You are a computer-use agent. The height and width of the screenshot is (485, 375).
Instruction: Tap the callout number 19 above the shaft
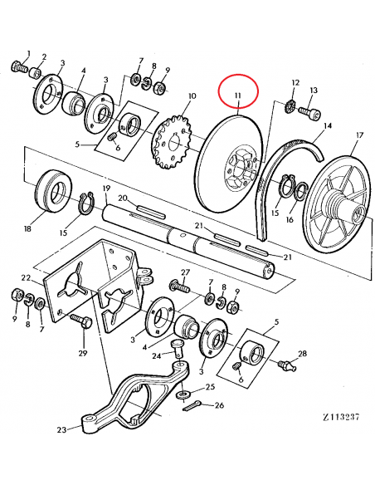pyautogui.click(x=106, y=190)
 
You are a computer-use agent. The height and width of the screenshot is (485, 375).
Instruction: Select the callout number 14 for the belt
pyautogui.click(x=327, y=125)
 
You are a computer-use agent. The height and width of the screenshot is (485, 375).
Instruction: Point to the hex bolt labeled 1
pyautogui.click(x=17, y=66)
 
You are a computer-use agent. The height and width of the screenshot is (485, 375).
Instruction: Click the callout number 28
pyautogui.click(x=302, y=354)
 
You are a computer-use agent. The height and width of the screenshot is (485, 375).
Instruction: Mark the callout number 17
pyautogui.click(x=358, y=135)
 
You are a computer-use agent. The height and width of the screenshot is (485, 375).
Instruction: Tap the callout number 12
pyautogui.click(x=295, y=82)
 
